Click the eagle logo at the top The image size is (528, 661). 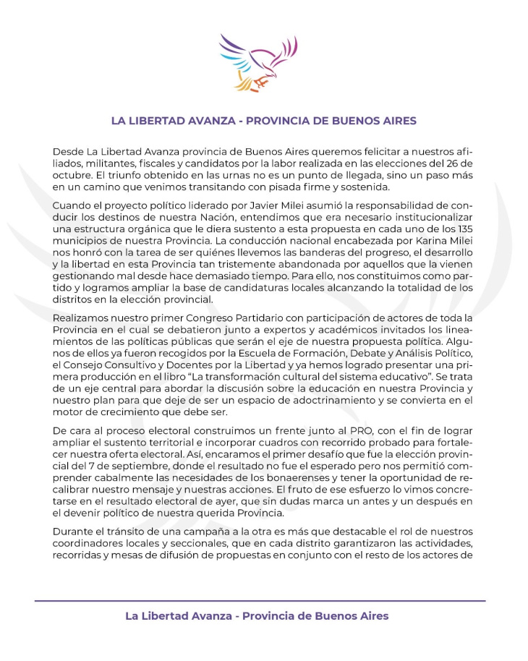(x=258, y=62)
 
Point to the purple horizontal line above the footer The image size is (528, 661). (x=260, y=601)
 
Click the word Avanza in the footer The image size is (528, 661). (x=210, y=616)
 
